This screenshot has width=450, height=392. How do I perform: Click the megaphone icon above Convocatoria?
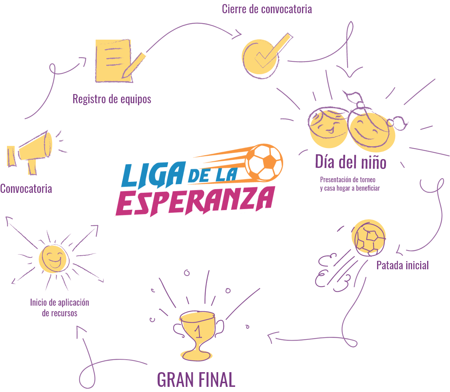(x=31, y=152)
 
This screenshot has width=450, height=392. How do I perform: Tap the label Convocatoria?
(x=26, y=189)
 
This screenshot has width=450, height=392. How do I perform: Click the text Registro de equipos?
(x=112, y=99)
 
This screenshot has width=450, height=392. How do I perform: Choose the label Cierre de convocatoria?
(x=267, y=9)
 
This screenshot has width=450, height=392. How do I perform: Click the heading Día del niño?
(x=351, y=162)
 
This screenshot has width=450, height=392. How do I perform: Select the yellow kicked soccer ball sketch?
(x=368, y=238)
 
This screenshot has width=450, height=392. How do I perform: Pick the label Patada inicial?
(x=402, y=265)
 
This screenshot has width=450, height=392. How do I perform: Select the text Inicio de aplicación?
(x=60, y=302)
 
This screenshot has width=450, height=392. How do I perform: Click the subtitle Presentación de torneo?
(x=348, y=180)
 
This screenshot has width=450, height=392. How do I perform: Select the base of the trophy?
(x=199, y=355)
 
